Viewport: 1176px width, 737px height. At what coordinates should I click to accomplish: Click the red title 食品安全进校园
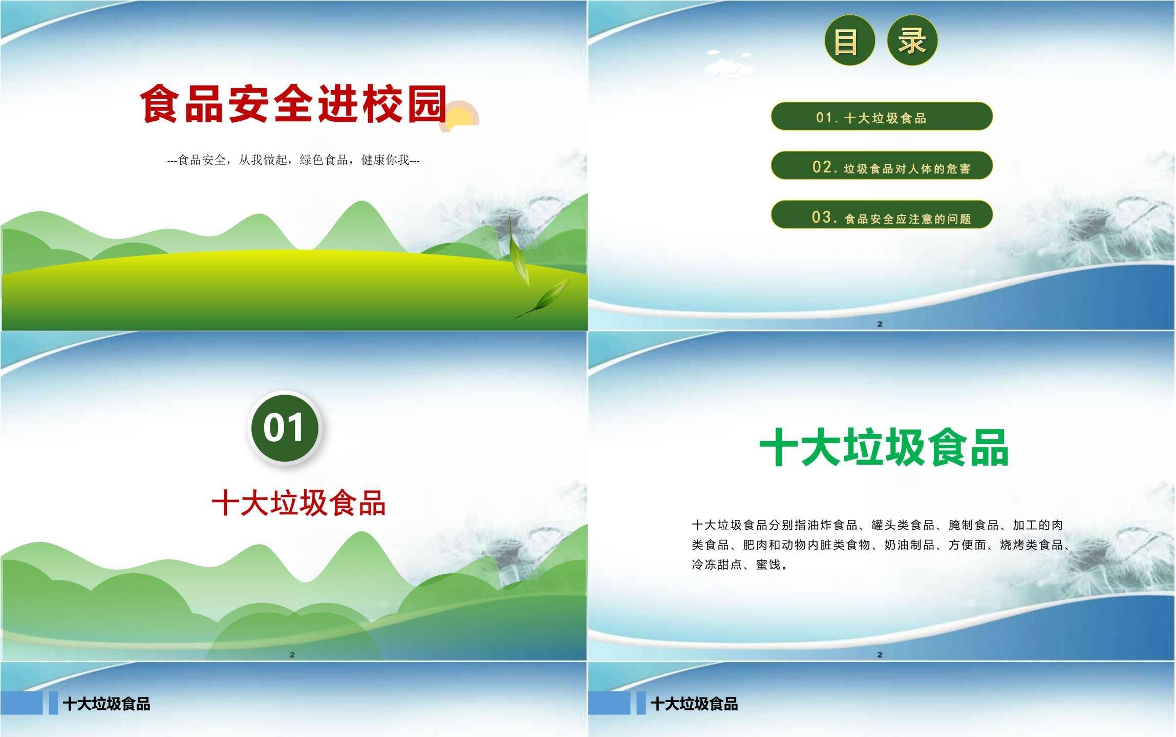[294, 104]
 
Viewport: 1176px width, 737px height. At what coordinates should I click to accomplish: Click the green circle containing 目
[849, 40]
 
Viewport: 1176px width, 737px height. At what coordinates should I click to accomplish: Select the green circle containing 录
[912, 40]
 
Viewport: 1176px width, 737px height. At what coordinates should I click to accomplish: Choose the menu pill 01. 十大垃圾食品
[882, 116]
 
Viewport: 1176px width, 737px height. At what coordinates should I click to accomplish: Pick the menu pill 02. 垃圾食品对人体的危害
[882, 165]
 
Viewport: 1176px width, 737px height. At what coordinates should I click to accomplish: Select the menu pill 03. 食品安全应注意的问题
[882, 214]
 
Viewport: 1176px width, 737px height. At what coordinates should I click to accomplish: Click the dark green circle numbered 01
[284, 428]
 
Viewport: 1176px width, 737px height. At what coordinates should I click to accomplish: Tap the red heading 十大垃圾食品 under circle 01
[298, 503]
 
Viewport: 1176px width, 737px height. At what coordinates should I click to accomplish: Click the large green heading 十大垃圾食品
[884, 447]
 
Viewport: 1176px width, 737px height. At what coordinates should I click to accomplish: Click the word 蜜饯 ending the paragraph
[768, 565]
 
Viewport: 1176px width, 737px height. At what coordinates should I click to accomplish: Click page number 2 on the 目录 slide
[880, 324]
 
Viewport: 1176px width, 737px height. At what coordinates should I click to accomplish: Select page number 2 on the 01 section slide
[292, 655]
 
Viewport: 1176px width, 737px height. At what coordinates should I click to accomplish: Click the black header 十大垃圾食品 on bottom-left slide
[106, 704]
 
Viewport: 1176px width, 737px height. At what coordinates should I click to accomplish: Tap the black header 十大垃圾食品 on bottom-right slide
[694, 704]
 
